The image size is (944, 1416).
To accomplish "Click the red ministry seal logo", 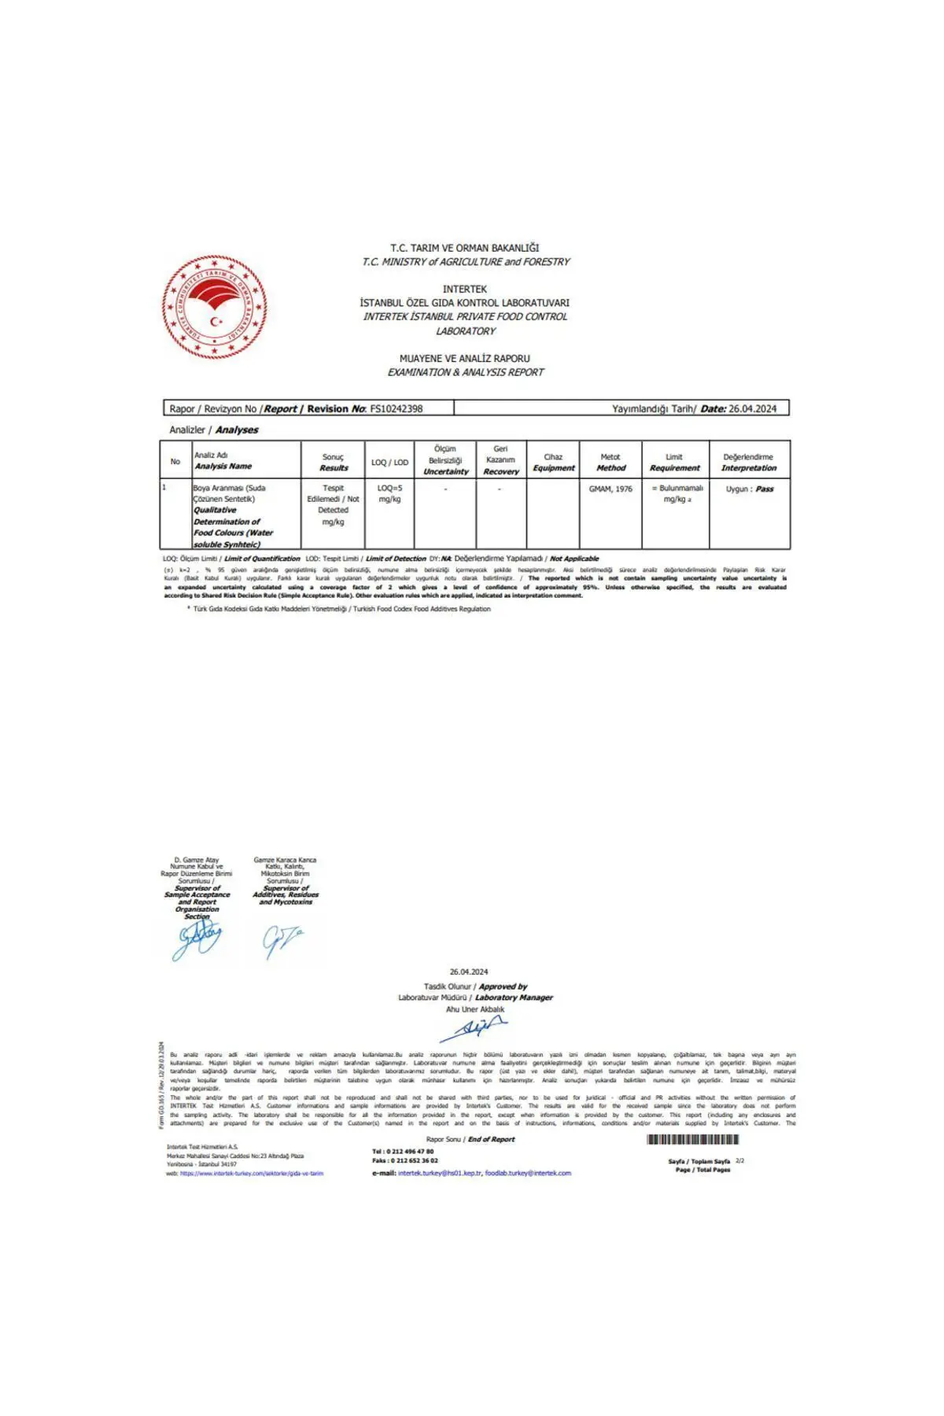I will click(x=214, y=307).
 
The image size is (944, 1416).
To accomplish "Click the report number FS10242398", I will click(x=396, y=409).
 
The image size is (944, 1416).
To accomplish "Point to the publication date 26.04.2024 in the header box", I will click(x=752, y=409).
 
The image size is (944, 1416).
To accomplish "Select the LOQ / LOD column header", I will click(x=389, y=463).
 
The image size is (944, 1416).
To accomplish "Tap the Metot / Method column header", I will click(x=610, y=462).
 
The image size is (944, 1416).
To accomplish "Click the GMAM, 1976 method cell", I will click(x=610, y=489).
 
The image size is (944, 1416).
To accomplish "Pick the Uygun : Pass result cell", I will click(x=749, y=489).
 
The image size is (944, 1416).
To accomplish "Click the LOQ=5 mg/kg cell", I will click(x=389, y=493).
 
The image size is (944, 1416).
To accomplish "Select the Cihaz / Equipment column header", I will click(x=553, y=462).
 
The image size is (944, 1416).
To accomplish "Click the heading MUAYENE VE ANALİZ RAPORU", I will click(x=464, y=359).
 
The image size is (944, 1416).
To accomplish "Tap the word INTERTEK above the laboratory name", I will click(x=464, y=289).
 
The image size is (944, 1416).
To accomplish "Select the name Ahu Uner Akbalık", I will click(x=475, y=1009).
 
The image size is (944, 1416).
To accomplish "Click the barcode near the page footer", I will click(x=692, y=1140).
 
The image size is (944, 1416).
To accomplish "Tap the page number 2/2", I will click(x=739, y=1160).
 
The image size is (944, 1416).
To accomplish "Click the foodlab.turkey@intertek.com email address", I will click(x=528, y=1173).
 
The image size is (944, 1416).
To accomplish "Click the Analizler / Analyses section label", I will click(x=214, y=430).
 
